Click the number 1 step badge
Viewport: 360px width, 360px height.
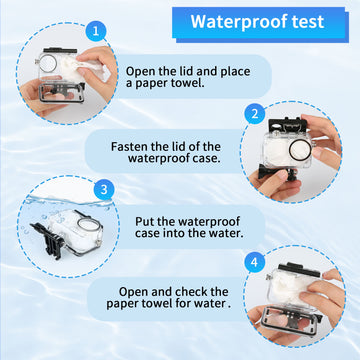point(96,31)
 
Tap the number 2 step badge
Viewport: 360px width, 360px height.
point(254,114)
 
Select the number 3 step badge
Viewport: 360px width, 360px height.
point(104,190)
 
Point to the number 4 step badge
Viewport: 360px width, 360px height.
point(254,262)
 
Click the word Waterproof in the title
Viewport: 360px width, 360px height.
point(236,22)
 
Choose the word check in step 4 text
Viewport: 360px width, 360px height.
point(191,292)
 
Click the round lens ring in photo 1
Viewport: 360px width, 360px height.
point(49,64)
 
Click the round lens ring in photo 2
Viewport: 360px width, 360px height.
point(298,151)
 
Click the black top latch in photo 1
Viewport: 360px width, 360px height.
point(60,51)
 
